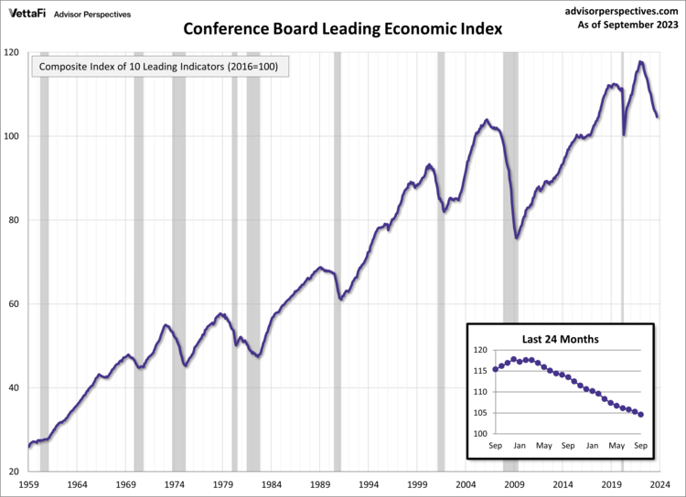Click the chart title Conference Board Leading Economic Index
pyautogui.click(x=343, y=28)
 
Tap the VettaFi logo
pyautogui.click(x=29, y=15)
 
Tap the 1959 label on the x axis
pyautogui.click(x=28, y=484)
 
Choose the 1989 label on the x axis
pyautogui.click(x=320, y=484)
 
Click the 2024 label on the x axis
pyautogui.click(x=661, y=484)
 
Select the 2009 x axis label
pyautogui.click(x=515, y=484)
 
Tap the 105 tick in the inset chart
pyautogui.click(x=479, y=413)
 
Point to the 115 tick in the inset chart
pyautogui.click(x=479, y=371)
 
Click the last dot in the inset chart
pyautogui.click(x=641, y=415)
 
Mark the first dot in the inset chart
pyautogui.click(x=496, y=369)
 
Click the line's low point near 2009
pyautogui.click(x=517, y=238)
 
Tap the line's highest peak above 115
pyautogui.click(x=640, y=62)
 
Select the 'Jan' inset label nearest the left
pyautogui.click(x=520, y=446)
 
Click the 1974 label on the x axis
pyautogui.click(x=175, y=484)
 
